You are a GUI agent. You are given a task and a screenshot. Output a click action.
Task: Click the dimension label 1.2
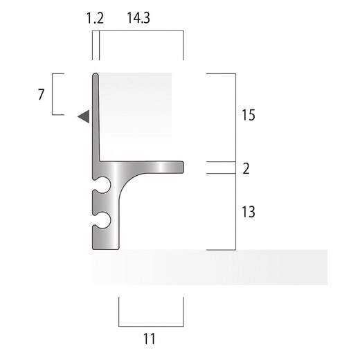(95, 18)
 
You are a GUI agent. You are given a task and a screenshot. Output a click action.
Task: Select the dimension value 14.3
(138, 18)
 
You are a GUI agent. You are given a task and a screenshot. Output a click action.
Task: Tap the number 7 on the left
(41, 95)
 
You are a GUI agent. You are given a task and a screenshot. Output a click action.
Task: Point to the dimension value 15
(249, 115)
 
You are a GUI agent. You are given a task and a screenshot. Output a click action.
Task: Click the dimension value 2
(246, 168)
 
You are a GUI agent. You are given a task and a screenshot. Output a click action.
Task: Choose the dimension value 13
(249, 212)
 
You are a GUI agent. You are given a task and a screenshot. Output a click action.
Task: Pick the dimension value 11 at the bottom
(150, 339)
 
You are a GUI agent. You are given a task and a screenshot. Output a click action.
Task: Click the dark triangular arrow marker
(84, 116)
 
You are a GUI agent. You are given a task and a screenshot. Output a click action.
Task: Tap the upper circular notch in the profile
(103, 185)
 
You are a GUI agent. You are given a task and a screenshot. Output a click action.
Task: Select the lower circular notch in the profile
(103, 219)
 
